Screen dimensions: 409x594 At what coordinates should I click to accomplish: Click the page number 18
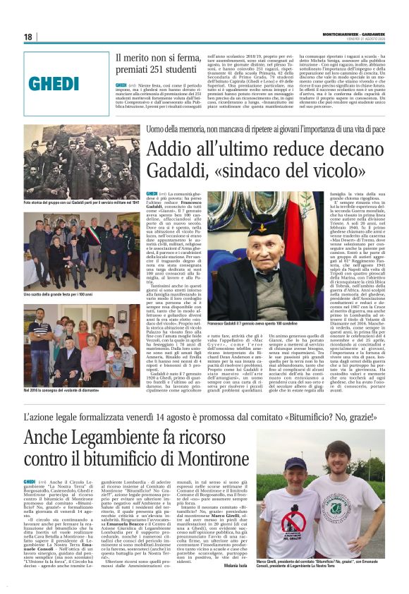click(x=28, y=37)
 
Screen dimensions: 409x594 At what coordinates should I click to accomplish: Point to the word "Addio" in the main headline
click(x=173, y=151)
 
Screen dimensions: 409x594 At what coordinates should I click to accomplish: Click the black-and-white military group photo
click(x=81, y=169)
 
